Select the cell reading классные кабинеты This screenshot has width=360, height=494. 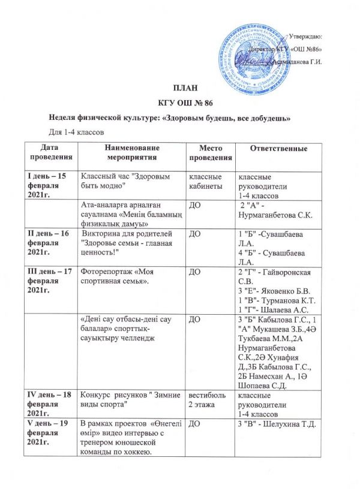[206, 182]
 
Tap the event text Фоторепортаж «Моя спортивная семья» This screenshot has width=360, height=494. [120, 277]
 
